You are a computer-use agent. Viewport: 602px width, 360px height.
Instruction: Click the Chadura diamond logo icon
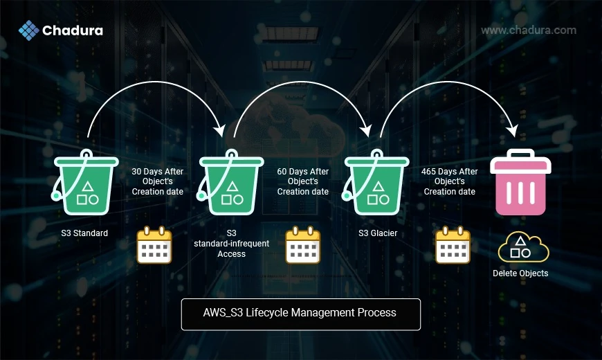[x=29, y=30]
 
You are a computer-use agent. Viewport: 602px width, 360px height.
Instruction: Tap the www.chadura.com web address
[x=529, y=30]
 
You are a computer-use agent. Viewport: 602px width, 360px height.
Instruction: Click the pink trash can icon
[x=520, y=182]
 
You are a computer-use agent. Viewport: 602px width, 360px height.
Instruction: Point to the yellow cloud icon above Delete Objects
[x=523, y=247]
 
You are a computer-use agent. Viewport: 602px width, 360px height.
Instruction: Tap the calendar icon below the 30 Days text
[x=154, y=245]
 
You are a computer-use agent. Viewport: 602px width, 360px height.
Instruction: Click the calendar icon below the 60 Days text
[x=303, y=245]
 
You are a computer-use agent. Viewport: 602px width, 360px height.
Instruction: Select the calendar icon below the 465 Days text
[x=453, y=245]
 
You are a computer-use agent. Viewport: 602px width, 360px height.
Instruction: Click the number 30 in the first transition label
[x=136, y=172]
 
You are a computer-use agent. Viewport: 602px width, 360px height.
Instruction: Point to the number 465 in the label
[x=428, y=172]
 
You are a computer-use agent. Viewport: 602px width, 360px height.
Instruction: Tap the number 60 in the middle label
[x=282, y=172]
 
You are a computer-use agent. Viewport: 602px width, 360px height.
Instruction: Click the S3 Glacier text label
[x=378, y=233]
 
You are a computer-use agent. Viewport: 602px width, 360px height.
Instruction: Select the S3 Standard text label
[x=84, y=233]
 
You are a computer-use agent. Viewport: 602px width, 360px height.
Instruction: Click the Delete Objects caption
[x=520, y=273]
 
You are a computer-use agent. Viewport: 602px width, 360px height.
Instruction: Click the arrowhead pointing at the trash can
[x=513, y=131]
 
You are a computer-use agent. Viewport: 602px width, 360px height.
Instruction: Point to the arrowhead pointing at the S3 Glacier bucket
[x=366, y=131]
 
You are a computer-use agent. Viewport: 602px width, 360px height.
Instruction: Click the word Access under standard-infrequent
[x=232, y=254]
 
